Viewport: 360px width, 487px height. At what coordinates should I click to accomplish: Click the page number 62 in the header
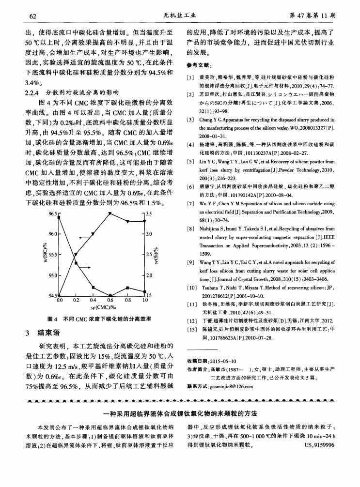tap(33, 15)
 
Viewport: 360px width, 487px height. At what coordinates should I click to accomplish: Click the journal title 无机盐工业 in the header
tap(180, 15)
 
